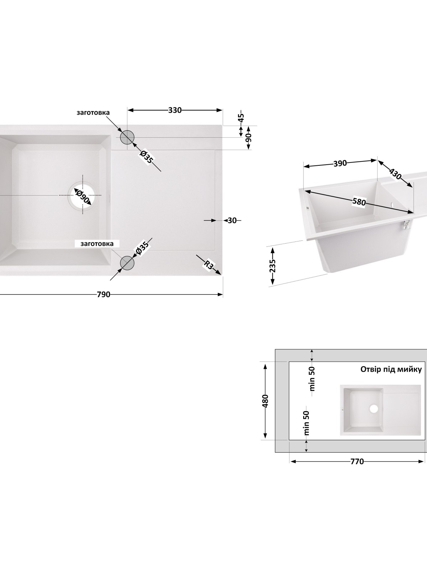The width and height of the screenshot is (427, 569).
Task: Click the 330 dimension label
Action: (x=175, y=110)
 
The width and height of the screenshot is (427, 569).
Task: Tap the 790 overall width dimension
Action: (x=104, y=294)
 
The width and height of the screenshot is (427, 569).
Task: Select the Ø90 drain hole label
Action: (x=83, y=197)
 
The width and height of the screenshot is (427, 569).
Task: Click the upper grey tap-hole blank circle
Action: (x=127, y=137)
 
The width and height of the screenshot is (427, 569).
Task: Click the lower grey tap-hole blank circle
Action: (x=127, y=262)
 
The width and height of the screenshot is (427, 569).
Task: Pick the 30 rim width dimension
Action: (x=232, y=220)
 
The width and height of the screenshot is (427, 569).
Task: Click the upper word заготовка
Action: (x=93, y=112)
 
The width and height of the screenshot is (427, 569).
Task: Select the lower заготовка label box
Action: (x=97, y=244)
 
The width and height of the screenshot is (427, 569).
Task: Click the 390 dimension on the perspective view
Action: (x=340, y=163)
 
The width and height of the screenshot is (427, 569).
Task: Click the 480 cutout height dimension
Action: (x=265, y=401)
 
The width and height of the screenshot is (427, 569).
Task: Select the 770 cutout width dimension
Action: (x=357, y=461)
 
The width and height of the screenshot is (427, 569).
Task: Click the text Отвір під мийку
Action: (x=391, y=369)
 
